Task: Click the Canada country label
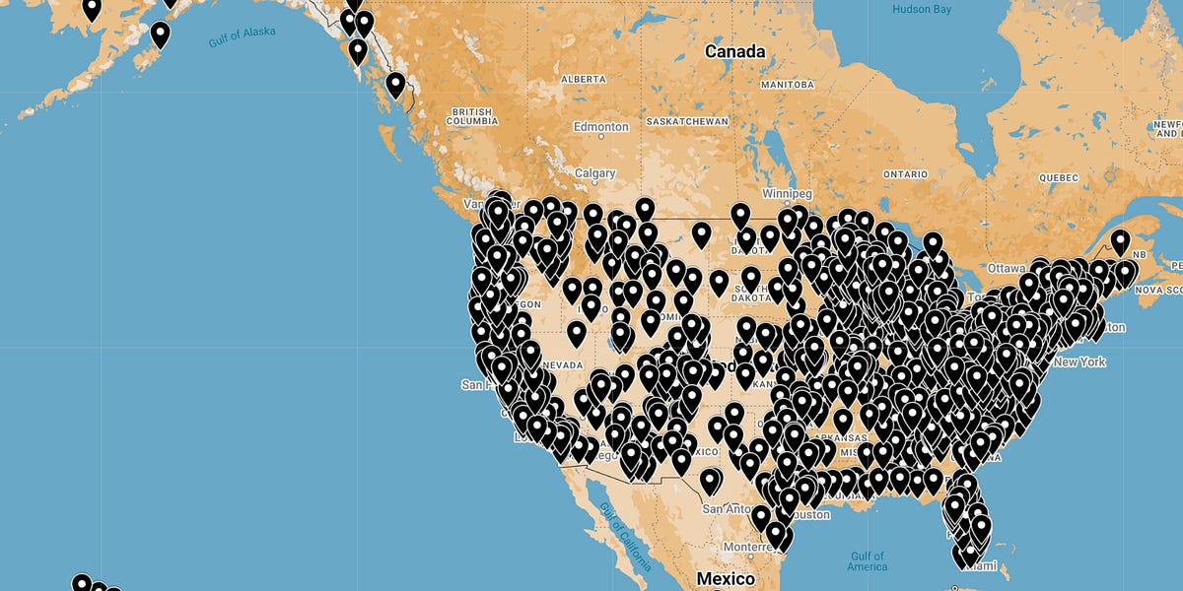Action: click(x=734, y=51)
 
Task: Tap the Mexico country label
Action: click(x=726, y=578)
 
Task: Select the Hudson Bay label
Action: click(x=922, y=9)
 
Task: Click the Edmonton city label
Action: click(x=600, y=127)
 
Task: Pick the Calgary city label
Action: click(x=595, y=173)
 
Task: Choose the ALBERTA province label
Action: click(x=583, y=78)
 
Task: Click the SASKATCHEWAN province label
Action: click(x=687, y=121)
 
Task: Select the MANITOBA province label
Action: click(x=786, y=85)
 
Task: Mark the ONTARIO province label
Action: click(x=905, y=174)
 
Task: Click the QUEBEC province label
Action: click(x=1061, y=178)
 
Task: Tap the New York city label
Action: click(x=1079, y=361)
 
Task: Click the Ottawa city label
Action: click(x=1007, y=268)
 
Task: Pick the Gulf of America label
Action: click(x=867, y=560)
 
